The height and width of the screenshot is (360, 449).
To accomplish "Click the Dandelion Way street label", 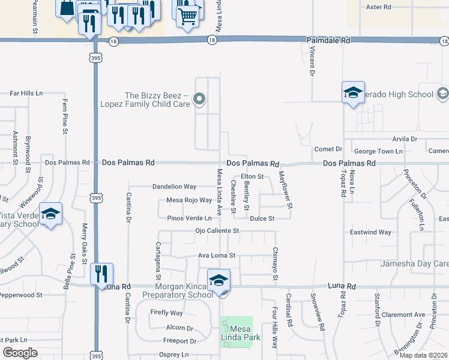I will [174, 187].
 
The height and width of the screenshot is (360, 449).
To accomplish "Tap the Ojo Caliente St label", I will [217, 230].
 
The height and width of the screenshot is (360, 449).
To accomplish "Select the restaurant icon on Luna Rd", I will [101, 274].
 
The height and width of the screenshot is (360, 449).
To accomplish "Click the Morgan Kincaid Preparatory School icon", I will [218, 280].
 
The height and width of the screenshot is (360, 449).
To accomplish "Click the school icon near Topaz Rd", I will [353, 92].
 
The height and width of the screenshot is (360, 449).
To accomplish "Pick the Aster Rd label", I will [378, 7].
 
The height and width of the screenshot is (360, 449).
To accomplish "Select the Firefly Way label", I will [167, 313].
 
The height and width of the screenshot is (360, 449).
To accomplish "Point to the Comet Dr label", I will [328, 149].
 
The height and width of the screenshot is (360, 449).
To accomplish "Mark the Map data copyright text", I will [423, 355].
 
